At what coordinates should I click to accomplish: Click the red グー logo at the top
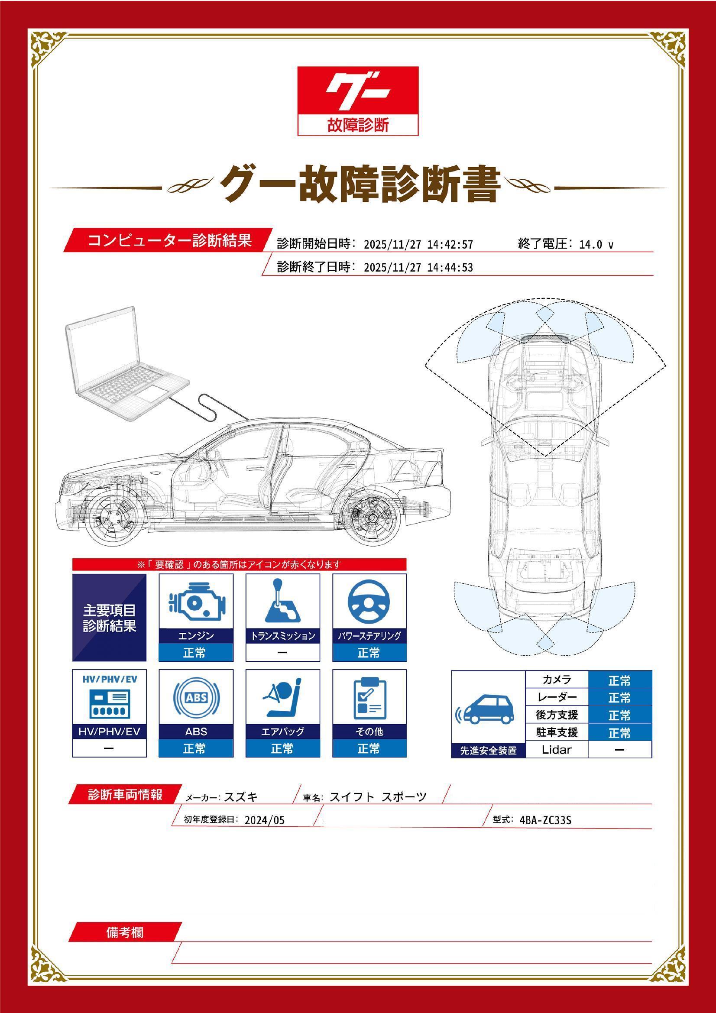pos(358,100)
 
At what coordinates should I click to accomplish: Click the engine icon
pos(196,602)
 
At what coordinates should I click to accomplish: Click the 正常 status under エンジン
pos(195,652)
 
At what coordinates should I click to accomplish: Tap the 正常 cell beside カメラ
pos(619,680)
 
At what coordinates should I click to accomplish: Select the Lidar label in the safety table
pos(556,750)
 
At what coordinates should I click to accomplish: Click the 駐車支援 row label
pos(557,732)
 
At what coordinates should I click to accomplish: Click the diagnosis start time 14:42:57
pos(450,244)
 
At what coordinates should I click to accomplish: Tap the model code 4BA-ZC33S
pos(545,820)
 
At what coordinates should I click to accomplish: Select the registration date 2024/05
pos(265,820)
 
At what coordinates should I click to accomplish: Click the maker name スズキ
pos(241,797)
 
